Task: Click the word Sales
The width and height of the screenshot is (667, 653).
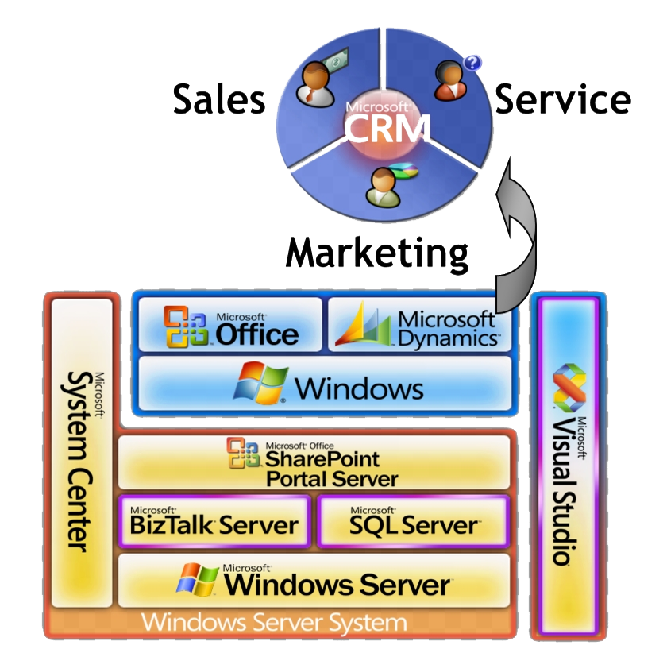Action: click(x=219, y=100)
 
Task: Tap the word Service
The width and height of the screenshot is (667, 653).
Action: click(x=563, y=100)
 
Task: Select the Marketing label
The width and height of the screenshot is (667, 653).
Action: click(x=377, y=253)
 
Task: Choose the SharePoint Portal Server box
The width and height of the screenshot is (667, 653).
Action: click(x=314, y=462)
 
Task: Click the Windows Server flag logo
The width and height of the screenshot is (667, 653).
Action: click(x=198, y=582)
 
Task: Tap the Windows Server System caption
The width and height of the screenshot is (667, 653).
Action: click(x=274, y=622)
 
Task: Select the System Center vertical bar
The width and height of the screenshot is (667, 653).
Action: click(x=79, y=461)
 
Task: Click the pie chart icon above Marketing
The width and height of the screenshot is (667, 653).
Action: click(x=407, y=172)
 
